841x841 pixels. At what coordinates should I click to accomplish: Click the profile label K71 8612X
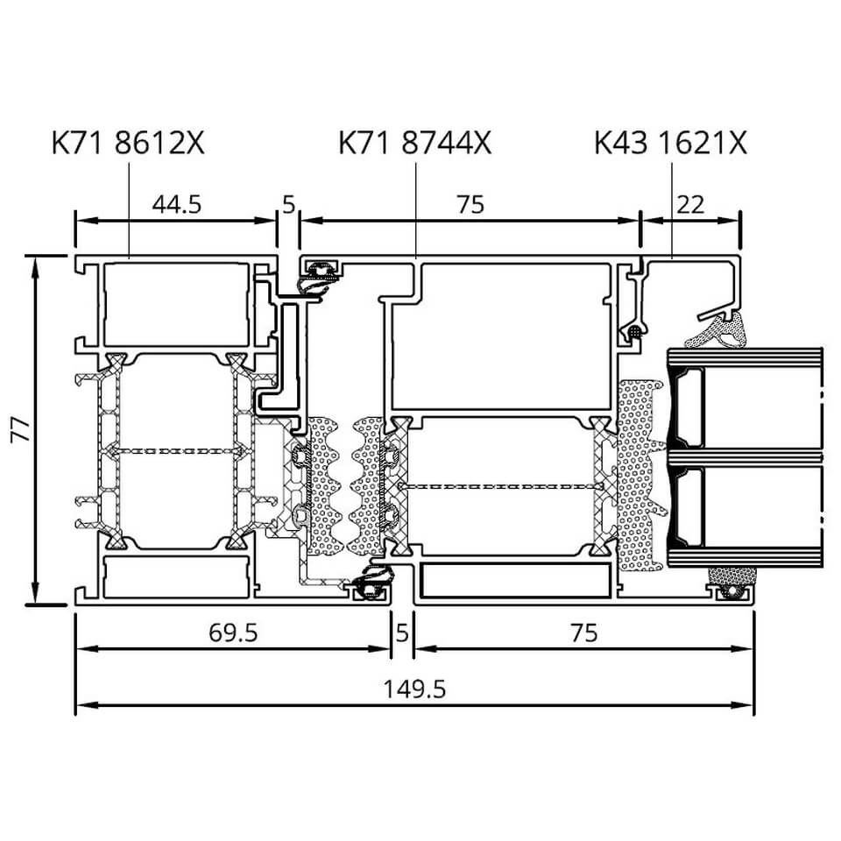pos(128,143)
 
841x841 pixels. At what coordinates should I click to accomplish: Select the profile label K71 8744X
pos(414,143)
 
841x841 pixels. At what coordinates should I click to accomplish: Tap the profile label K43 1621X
pos(670,143)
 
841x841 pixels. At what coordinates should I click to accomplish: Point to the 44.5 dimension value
pos(176,204)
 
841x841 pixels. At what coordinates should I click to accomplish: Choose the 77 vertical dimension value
pos(21,429)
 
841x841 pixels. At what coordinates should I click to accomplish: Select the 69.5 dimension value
pos(233,633)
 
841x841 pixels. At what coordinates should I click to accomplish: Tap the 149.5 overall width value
pos(414,689)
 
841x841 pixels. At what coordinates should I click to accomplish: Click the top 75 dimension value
pos(470,204)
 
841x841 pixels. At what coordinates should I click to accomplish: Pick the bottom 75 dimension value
pos(583,633)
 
